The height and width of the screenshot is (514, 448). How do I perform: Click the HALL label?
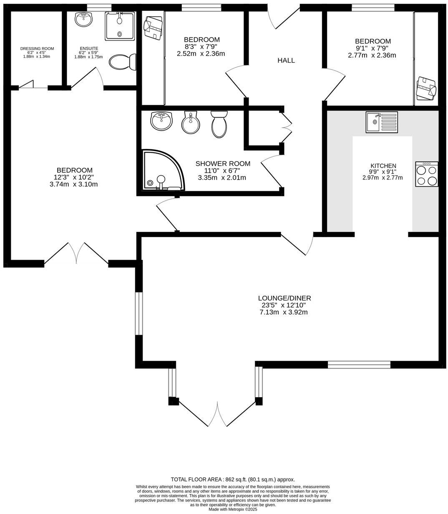click(286, 60)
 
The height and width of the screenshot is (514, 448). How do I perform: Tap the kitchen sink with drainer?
click(382, 122)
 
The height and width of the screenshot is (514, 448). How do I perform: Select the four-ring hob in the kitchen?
click(426, 174)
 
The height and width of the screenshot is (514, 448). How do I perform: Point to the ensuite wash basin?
click(85, 19)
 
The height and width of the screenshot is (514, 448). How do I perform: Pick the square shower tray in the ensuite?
click(120, 26)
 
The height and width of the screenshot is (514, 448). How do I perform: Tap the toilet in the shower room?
click(219, 124)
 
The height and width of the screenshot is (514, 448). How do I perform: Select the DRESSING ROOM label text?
click(37, 49)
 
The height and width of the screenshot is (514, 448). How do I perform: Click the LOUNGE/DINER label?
click(284, 298)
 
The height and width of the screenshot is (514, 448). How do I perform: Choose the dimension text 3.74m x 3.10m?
click(73, 184)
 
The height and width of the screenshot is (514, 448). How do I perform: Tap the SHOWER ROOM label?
click(223, 164)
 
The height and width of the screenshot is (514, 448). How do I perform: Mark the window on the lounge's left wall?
click(139, 313)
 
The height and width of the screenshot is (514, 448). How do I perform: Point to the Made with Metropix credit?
click(233, 509)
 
